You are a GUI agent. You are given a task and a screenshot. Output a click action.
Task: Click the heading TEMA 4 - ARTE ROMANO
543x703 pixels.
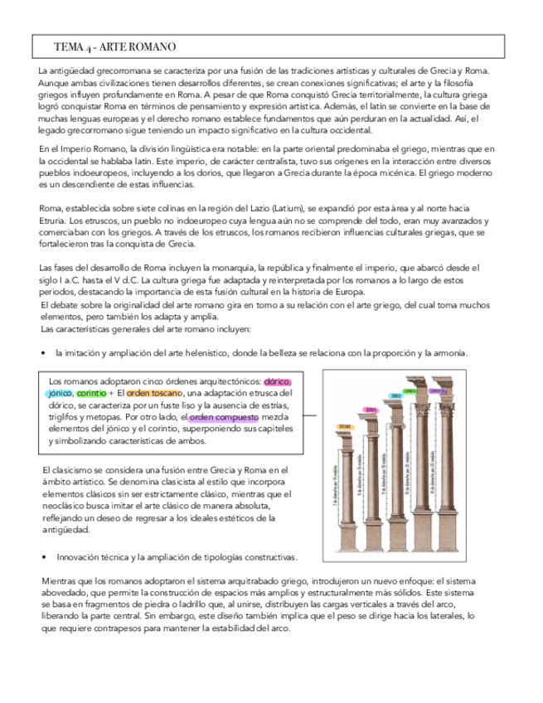114,46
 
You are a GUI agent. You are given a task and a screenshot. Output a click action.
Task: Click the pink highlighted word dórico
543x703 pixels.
276,381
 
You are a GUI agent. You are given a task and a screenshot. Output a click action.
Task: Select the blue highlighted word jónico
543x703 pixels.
60,393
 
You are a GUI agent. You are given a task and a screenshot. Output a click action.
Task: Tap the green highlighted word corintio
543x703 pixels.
90,393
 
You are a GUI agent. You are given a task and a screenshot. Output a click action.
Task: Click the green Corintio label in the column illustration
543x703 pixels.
433,390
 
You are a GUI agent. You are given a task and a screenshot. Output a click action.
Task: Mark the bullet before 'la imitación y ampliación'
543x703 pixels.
43,354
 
